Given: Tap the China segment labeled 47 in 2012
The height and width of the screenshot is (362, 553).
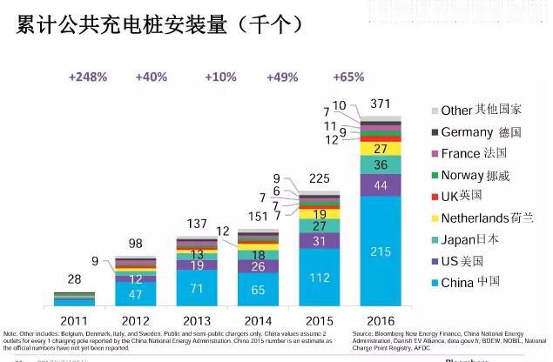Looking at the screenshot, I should [135, 294].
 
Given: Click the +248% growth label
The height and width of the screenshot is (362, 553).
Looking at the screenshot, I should [87, 77].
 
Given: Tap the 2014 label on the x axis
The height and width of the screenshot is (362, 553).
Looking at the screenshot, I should [259, 319].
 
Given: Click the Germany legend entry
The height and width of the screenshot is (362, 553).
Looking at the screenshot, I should [479, 132].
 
